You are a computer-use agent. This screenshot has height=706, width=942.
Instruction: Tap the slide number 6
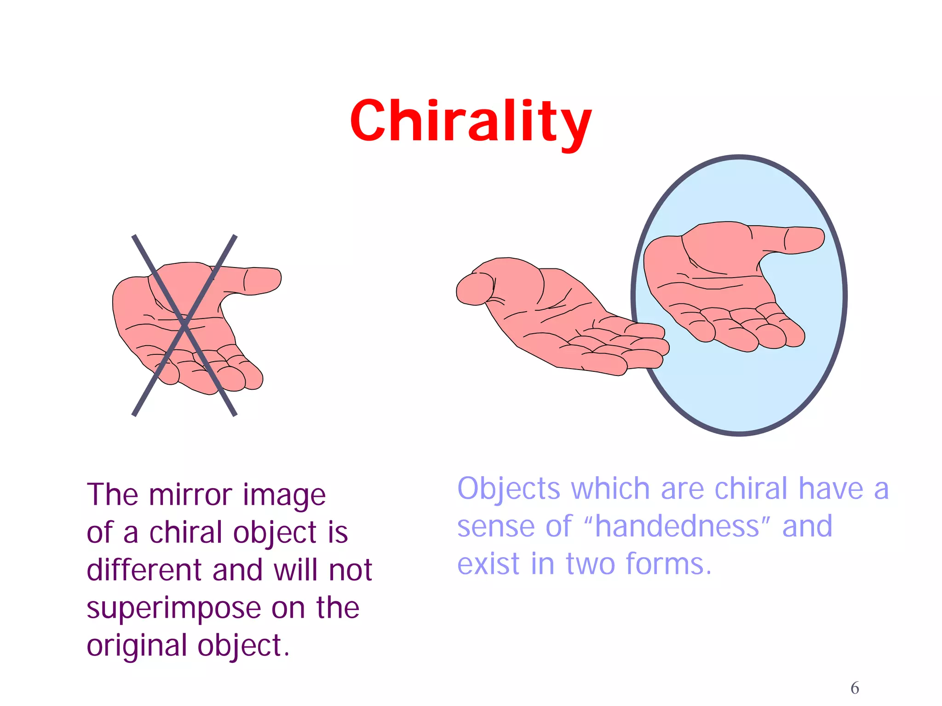[855, 688]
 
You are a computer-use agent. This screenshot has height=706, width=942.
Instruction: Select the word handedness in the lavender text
[677, 526]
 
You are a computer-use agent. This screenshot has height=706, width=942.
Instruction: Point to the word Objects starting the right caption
[508, 489]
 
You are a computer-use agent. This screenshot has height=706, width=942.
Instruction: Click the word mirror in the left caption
[190, 495]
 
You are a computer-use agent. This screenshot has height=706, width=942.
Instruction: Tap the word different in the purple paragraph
[144, 570]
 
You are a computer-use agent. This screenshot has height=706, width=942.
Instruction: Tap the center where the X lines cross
[184, 325]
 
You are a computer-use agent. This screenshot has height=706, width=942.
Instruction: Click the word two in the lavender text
[590, 564]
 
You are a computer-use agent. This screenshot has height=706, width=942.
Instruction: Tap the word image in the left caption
[284, 495]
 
